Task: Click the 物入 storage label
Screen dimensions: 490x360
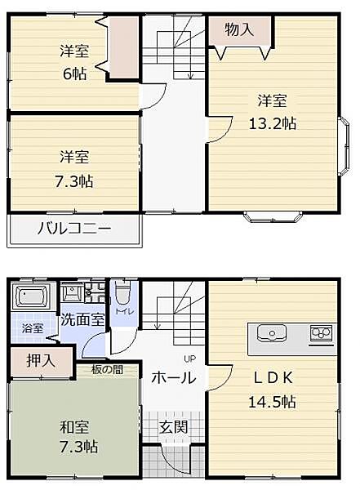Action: tap(239, 30)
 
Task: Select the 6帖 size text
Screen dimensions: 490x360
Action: tap(73, 72)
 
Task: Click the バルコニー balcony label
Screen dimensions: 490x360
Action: tap(73, 228)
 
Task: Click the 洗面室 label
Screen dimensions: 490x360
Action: tap(82, 319)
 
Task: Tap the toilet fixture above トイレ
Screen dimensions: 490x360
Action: tap(122, 293)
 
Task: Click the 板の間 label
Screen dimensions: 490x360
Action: tap(107, 369)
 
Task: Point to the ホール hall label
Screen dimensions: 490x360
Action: tap(172, 377)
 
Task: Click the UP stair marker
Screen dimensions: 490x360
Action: tap(188, 359)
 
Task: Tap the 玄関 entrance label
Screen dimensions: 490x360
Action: tap(172, 425)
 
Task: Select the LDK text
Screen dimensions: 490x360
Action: tap(272, 378)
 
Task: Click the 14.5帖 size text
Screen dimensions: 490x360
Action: tap(272, 402)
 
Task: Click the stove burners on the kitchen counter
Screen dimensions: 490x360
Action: tap(319, 333)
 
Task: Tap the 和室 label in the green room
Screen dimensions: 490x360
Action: tap(73, 426)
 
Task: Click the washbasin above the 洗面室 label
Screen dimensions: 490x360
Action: tap(73, 295)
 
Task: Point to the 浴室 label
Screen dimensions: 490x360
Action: tap(32, 327)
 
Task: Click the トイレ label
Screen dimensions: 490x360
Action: tap(123, 311)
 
